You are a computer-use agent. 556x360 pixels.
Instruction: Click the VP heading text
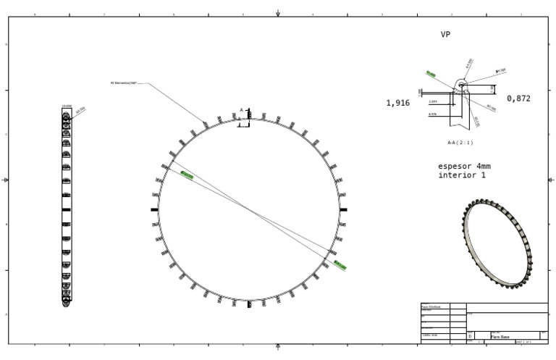coord(446,34)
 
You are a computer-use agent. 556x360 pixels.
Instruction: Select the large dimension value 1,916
coord(398,104)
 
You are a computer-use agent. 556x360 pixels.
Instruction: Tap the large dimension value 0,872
coord(518,99)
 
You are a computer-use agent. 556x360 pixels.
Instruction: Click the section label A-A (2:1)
coord(460,143)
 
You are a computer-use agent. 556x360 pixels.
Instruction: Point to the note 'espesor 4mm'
coord(465,166)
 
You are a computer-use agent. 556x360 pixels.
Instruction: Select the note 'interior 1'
coord(463,175)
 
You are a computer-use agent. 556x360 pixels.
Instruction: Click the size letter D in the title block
coord(471,337)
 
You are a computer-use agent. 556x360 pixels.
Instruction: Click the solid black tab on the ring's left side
coord(154,209)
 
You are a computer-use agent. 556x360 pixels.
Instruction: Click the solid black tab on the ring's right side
coord(343,209)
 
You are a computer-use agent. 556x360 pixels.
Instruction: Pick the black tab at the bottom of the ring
coord(249,304)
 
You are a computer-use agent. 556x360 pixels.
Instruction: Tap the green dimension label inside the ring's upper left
coord(187,175)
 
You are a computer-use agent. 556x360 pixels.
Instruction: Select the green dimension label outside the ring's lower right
coord(340,266)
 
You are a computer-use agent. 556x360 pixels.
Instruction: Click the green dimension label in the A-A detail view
coord(431,74)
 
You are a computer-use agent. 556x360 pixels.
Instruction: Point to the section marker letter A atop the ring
coord(242,110)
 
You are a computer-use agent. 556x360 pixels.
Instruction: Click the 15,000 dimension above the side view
coord(66,106)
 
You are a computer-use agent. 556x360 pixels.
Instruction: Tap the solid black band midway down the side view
coord(66,209)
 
